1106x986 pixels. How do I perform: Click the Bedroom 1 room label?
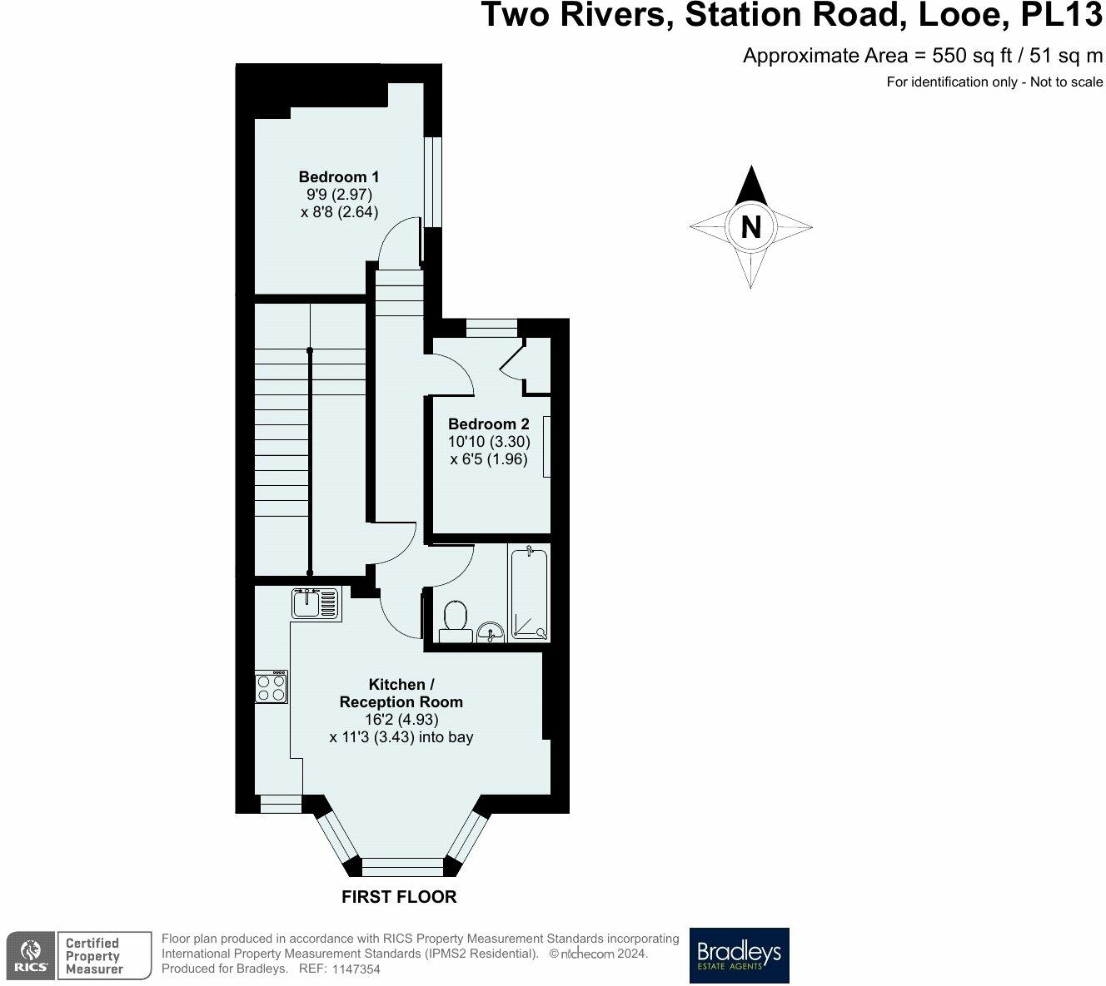339,176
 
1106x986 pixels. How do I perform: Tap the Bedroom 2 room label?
488,424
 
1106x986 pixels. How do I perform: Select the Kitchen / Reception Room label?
401,693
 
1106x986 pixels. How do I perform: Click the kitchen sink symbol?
316,602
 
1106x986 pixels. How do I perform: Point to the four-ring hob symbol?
272,687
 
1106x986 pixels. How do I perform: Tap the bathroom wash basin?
491,632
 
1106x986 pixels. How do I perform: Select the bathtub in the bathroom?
529,592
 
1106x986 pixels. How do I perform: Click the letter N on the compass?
750,226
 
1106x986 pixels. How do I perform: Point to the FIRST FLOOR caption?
399,897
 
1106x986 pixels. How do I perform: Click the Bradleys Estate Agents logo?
739,955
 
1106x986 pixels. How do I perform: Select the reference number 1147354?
356,969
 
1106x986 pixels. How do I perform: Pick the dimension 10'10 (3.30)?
489,442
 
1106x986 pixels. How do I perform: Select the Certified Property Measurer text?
93,955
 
